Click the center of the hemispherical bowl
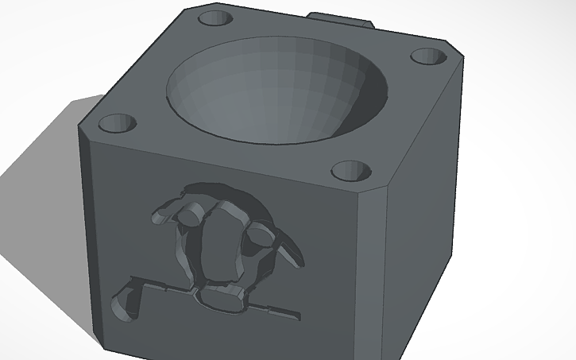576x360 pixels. pyautogui.click(x=278, y=91)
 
